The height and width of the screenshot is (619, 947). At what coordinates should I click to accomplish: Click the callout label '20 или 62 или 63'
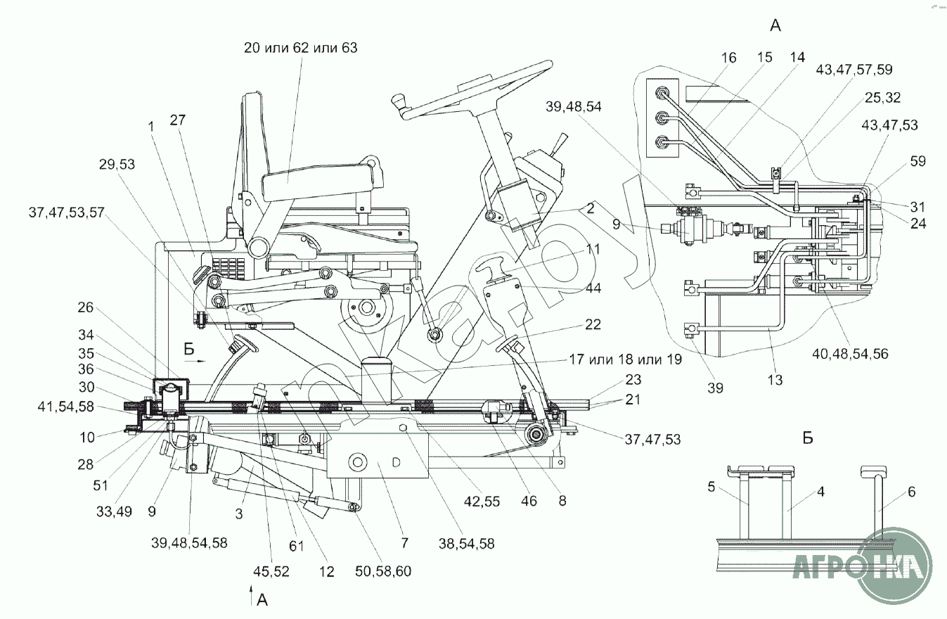click(301, 48)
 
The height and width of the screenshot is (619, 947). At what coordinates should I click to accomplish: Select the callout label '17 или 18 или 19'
click(625, 359)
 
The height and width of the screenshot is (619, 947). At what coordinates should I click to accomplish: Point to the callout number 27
click(178, 120)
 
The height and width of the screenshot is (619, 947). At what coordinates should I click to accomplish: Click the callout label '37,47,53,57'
click(66, 212)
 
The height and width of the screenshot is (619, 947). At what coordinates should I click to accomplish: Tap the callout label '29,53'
click(117, 164)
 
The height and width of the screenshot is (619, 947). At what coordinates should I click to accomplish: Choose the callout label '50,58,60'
click(383, 571)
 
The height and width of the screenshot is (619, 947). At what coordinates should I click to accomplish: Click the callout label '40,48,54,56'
click(850, 354)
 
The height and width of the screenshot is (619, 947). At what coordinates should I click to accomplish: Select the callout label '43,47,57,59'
click(854, 70)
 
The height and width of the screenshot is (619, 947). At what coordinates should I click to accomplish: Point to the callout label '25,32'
click(882, 98)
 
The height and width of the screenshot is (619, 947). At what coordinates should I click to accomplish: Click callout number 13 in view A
click(775, 380)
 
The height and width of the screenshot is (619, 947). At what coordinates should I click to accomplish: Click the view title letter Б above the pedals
click(808, 438)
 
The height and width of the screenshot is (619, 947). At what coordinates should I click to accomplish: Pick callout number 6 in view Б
click(911, 492)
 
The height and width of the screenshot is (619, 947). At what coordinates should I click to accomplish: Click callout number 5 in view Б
click(711, 487)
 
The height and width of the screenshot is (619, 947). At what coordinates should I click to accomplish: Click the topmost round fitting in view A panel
click(661, 93)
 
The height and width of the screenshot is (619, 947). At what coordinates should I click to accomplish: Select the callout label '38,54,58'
click(466, 543)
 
